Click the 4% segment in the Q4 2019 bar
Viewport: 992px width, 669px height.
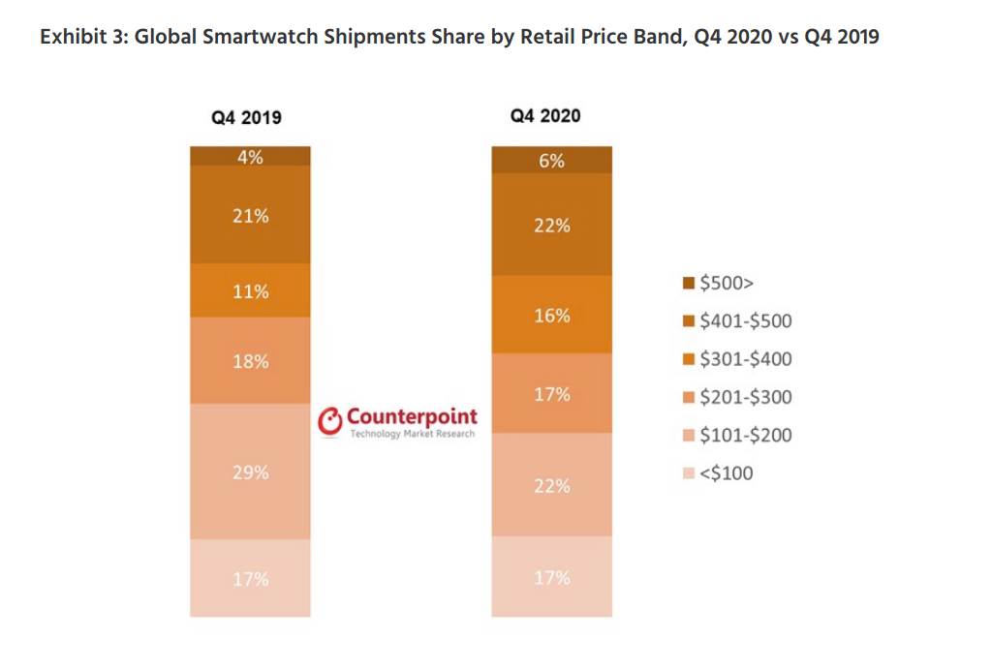click(250, 156)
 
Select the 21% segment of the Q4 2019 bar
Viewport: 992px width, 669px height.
click(250, 215)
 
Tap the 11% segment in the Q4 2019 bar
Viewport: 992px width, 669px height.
click(250, 290)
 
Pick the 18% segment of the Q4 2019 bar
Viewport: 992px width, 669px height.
click(250, 360)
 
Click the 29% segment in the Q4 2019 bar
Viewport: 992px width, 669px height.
click(250, 471)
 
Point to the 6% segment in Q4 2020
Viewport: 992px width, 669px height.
click(551, 161)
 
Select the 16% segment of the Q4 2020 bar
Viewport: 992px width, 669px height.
click(551, 315)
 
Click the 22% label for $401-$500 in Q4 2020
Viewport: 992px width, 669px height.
click(551, 226)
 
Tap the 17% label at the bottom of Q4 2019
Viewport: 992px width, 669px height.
click(250, 579)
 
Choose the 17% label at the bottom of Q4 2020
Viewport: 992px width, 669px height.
click(551, 577)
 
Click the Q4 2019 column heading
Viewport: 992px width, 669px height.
click(247, 117)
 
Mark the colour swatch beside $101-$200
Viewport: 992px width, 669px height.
click(689, 436)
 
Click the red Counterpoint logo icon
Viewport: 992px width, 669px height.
click(331, 421)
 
